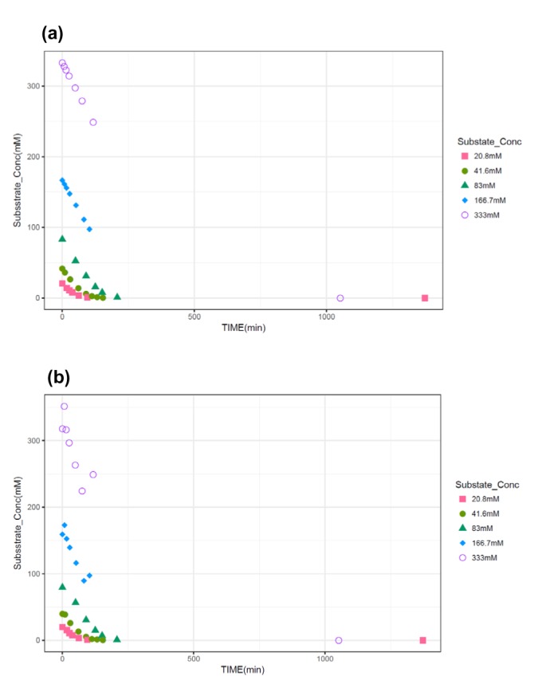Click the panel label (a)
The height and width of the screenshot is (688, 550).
(x=52, y=33)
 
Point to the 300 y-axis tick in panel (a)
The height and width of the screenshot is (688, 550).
(x=33, y=86)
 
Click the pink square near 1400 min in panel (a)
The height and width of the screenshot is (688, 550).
(x=425, y=298)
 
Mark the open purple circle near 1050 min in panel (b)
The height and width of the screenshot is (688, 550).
(x=339, y=640)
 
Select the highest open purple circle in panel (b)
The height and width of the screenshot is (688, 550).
(x=65, y=407)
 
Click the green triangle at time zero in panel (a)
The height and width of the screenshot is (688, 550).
(x=62, y=238)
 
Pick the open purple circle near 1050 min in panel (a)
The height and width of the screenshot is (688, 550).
(x=340, y=298)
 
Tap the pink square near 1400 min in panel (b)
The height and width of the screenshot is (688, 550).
(x=423, y=640)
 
